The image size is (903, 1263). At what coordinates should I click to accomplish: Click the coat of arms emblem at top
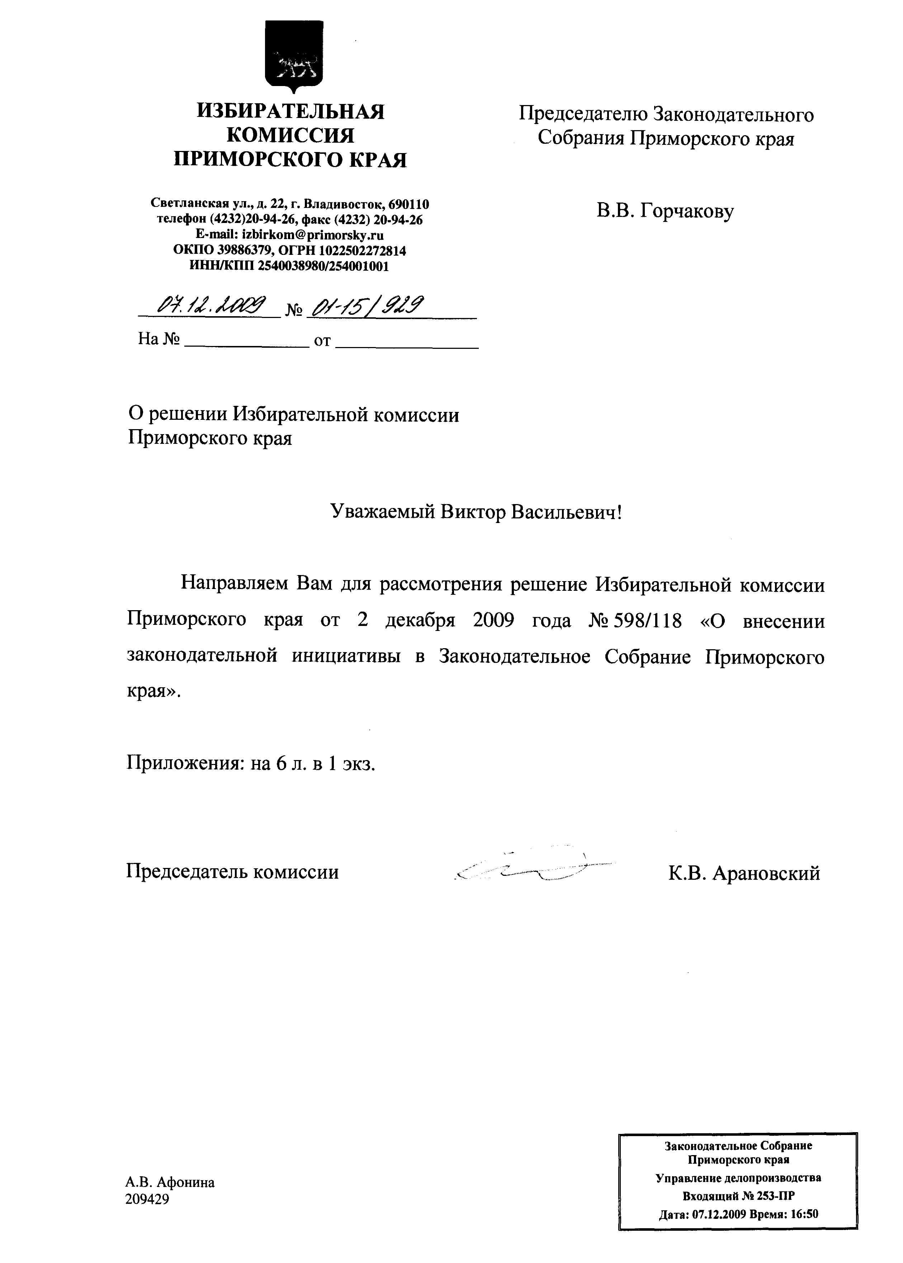click(x=294, y=56)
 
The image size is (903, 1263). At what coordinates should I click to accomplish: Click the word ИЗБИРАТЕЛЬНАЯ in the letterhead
click(x=290, y=112)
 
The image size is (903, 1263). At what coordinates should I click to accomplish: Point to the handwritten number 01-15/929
click(x=367, y=305)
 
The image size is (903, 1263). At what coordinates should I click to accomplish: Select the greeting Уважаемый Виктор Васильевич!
click(x=476, y=512)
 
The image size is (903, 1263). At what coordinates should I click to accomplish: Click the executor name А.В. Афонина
click(x=170, y=1182)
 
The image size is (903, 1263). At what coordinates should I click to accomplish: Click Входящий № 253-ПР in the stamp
click(x=738, y=1196)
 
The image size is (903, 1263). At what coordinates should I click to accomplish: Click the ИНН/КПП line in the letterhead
click(x=289, y=266)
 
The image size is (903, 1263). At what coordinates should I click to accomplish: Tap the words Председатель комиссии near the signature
click(x=232, y=871)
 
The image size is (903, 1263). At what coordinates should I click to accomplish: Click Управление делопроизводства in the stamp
click(x=738, y=1178)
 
